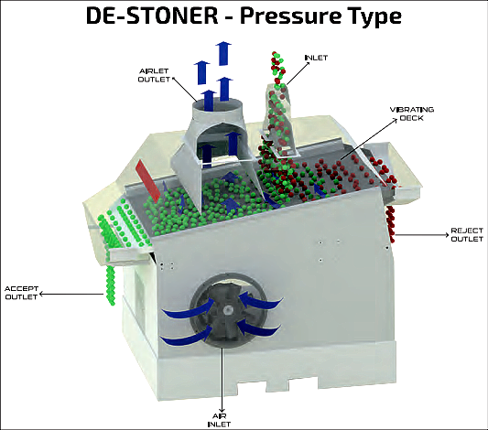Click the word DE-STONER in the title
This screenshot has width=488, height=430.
(x=152, y=16)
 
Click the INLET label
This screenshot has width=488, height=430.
(x=316, y=58)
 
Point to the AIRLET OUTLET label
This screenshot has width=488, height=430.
(x=154, y=75)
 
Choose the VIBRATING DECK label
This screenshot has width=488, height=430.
(x=412, y=113)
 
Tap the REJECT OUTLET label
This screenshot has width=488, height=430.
(x=467, y=235)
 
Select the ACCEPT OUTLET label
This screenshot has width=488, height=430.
(x=21, y=293)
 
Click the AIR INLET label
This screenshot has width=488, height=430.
(x=219, y=420)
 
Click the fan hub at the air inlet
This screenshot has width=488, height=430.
(x=228, y=309)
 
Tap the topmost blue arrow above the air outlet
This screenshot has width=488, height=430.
(x=223, y=53)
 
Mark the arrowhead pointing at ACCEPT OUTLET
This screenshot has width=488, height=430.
(x=41, y=294)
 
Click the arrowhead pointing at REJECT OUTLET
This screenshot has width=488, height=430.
(x=446, y=235)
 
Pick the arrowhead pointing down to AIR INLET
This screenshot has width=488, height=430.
(x=222, y=409)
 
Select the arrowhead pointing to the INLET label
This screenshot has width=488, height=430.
(x=308, y=64)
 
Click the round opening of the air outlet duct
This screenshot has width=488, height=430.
(x=217, y=105)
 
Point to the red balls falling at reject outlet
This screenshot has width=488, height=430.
(x=390, y=223)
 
